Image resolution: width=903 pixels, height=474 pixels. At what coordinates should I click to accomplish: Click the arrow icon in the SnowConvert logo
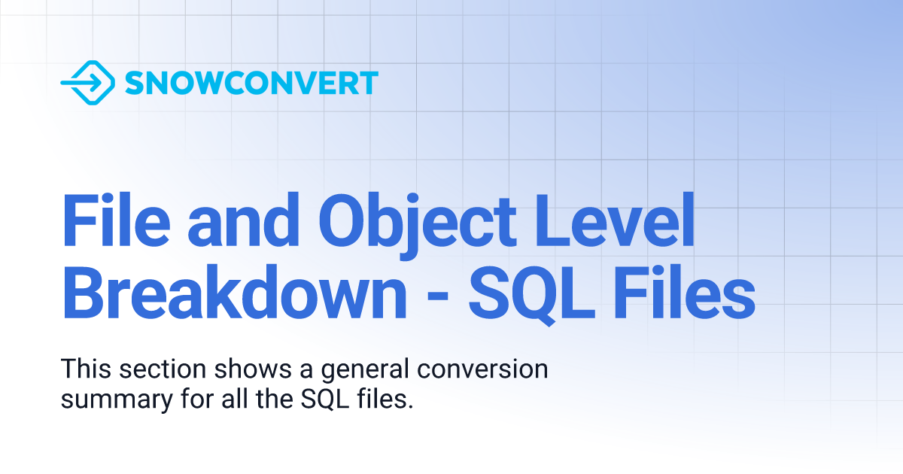(x=87, y=82)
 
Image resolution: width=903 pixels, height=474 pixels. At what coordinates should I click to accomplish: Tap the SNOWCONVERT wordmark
(x=251, y=83)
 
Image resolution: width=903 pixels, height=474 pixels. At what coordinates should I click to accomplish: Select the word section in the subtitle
(x=160, y=370)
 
